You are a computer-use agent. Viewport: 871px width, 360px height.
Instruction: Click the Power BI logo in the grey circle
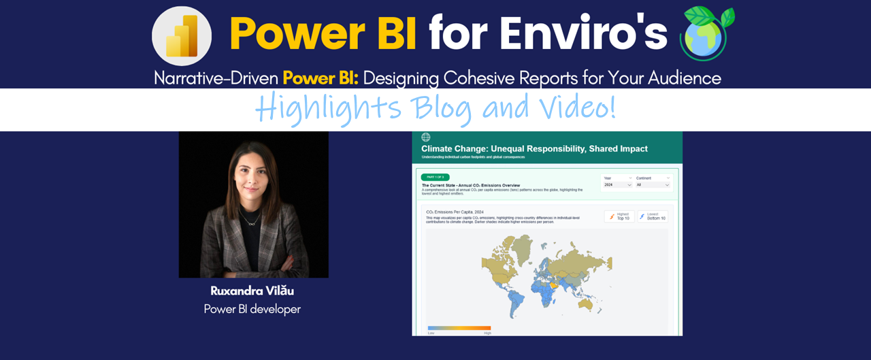182,36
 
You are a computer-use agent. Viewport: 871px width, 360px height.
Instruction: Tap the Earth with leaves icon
708,34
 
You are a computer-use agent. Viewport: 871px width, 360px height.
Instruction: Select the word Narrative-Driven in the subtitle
216,78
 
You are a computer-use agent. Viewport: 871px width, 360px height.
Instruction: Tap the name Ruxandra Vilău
252,291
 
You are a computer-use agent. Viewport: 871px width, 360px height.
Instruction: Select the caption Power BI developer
252,309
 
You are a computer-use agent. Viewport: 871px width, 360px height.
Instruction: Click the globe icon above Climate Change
426,137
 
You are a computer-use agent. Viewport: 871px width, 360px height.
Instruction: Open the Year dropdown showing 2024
617,184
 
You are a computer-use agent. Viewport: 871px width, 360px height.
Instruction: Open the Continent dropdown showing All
653,184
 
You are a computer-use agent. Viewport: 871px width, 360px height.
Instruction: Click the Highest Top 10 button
619,216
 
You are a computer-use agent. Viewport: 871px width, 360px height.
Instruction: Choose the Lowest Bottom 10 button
653,216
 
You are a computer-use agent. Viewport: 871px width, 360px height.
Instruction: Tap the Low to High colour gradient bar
459,328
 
